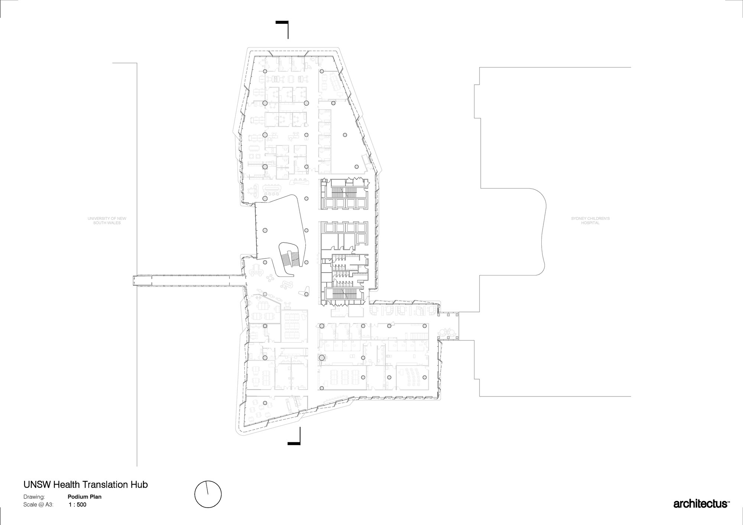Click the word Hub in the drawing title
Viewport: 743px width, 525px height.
pyautogui.click(x=139, y=485)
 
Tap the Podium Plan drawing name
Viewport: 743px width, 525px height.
pyautogui.click(x=84, y=496)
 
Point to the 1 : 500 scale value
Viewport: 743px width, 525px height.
pyautogui.click(x=78, y=505)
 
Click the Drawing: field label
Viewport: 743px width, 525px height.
pyautogui.click(x=34, y=497)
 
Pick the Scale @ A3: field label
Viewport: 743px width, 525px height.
pyautogui.click(x=39, y=505)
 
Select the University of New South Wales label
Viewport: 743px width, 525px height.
pyautogui.click(x=107, y=221)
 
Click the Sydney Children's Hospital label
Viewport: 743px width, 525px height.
pyautogui.click(x=590, y=221)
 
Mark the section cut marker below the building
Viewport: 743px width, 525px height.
pyautogui.click(x=294, y=436)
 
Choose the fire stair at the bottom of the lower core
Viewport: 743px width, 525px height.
pyautogui.click(x=344, y=294)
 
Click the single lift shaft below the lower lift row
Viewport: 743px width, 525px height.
pyautogui.click(x=361, y=238)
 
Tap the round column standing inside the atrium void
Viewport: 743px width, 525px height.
pyautogui.click(x=265, y=230)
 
